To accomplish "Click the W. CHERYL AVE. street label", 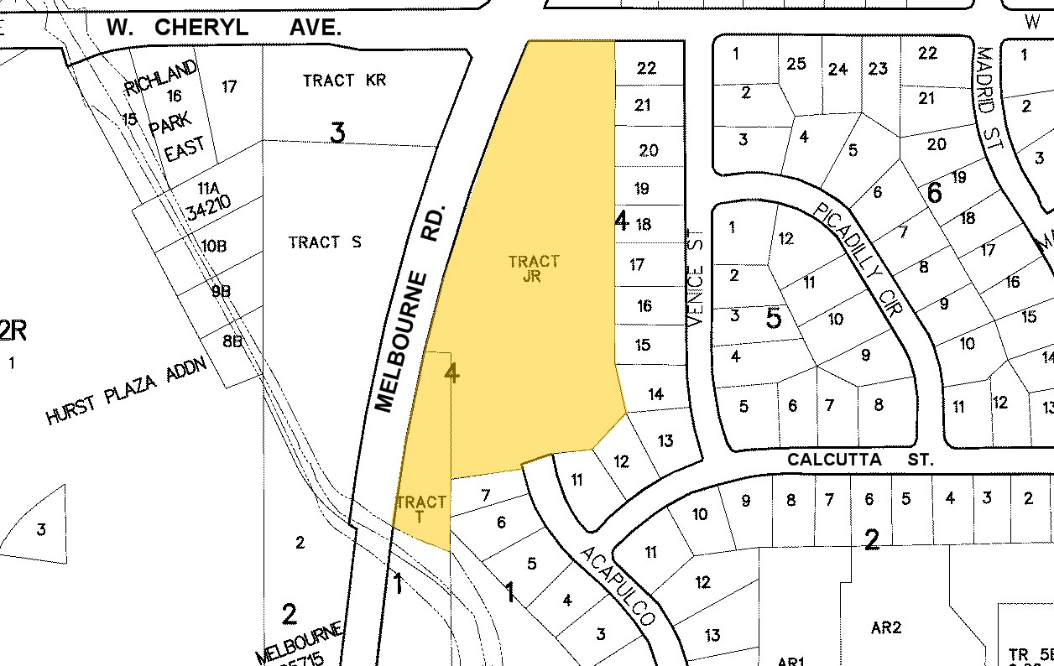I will click(x=224, y=28).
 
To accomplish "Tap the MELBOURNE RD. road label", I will click(x=409, y=307).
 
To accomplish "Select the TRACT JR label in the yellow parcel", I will click(x=533, y=269).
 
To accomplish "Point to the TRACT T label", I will click(x=420, y=509).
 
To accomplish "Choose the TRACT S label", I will click(x=325, y=242).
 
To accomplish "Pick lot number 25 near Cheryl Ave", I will click(x=796, y=63).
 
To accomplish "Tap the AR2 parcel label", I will click(x=885, y=627).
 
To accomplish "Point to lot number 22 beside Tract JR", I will click(x=646, y=68).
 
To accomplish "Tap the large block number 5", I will click(x=774, y=318).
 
